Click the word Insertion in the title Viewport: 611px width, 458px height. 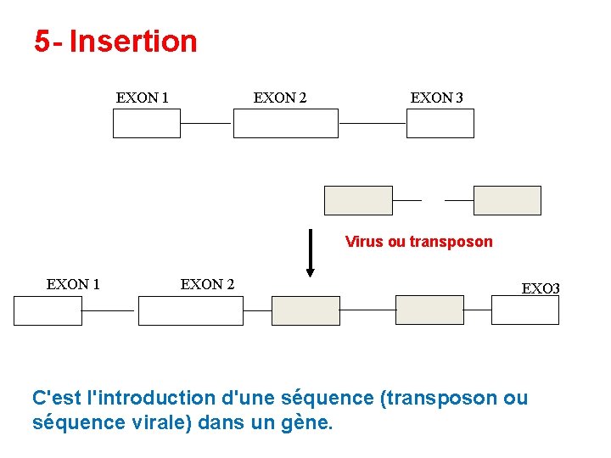click(133, 41)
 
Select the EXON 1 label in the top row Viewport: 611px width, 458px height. click(142, 98)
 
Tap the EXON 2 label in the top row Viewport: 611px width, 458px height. click(280, 98)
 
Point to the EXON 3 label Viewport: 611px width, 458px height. click(436, 98)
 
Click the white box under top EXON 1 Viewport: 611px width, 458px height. click(147, 124)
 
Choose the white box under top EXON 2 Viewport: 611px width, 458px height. click(285, 124)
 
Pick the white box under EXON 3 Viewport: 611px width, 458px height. click(440, 124)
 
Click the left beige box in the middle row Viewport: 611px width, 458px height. click(358, 200)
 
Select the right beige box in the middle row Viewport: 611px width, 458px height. click(507, 200)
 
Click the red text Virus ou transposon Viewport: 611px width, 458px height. click(418, 242)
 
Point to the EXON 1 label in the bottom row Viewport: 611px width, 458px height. click(73, 284)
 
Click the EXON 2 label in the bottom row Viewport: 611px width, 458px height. click(207, 284)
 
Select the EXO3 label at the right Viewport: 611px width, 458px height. click(541, 288)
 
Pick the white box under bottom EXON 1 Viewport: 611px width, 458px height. click(48, 310)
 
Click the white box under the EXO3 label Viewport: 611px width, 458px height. click(525, 310)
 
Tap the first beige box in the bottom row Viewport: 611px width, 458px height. click(305, 310)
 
